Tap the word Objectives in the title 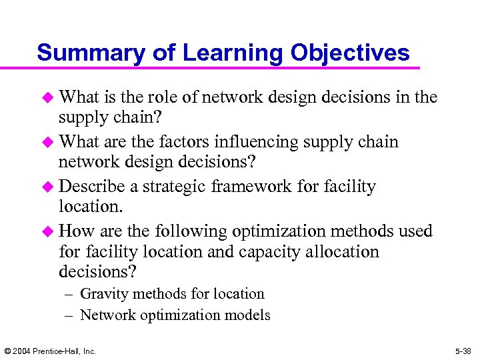click(x=343, y=53)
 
